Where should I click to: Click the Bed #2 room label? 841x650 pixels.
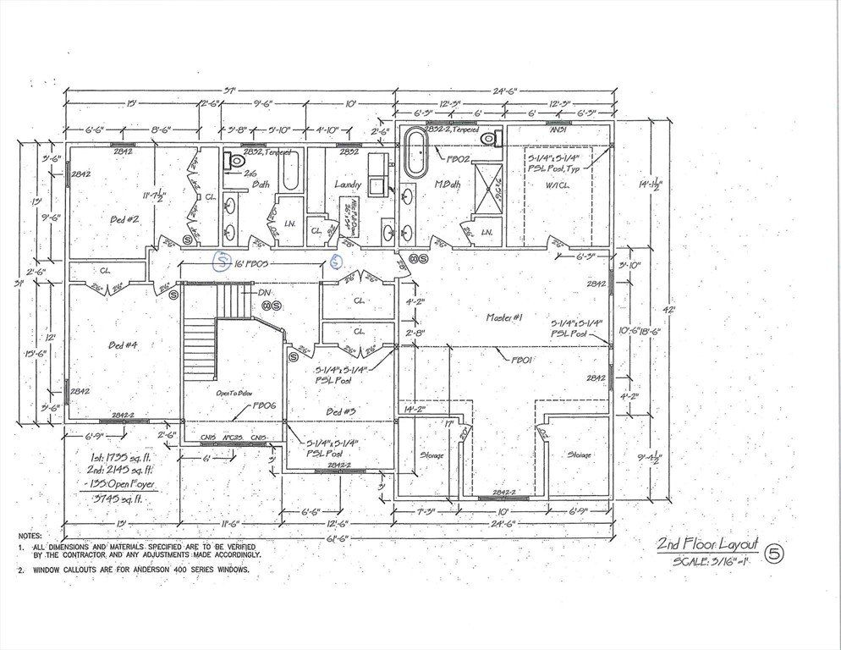pos(124,219)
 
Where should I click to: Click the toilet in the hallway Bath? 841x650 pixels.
pos(236,158)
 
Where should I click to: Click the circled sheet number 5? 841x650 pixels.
pos(773,554)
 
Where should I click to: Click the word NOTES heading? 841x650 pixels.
pos(32,537)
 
